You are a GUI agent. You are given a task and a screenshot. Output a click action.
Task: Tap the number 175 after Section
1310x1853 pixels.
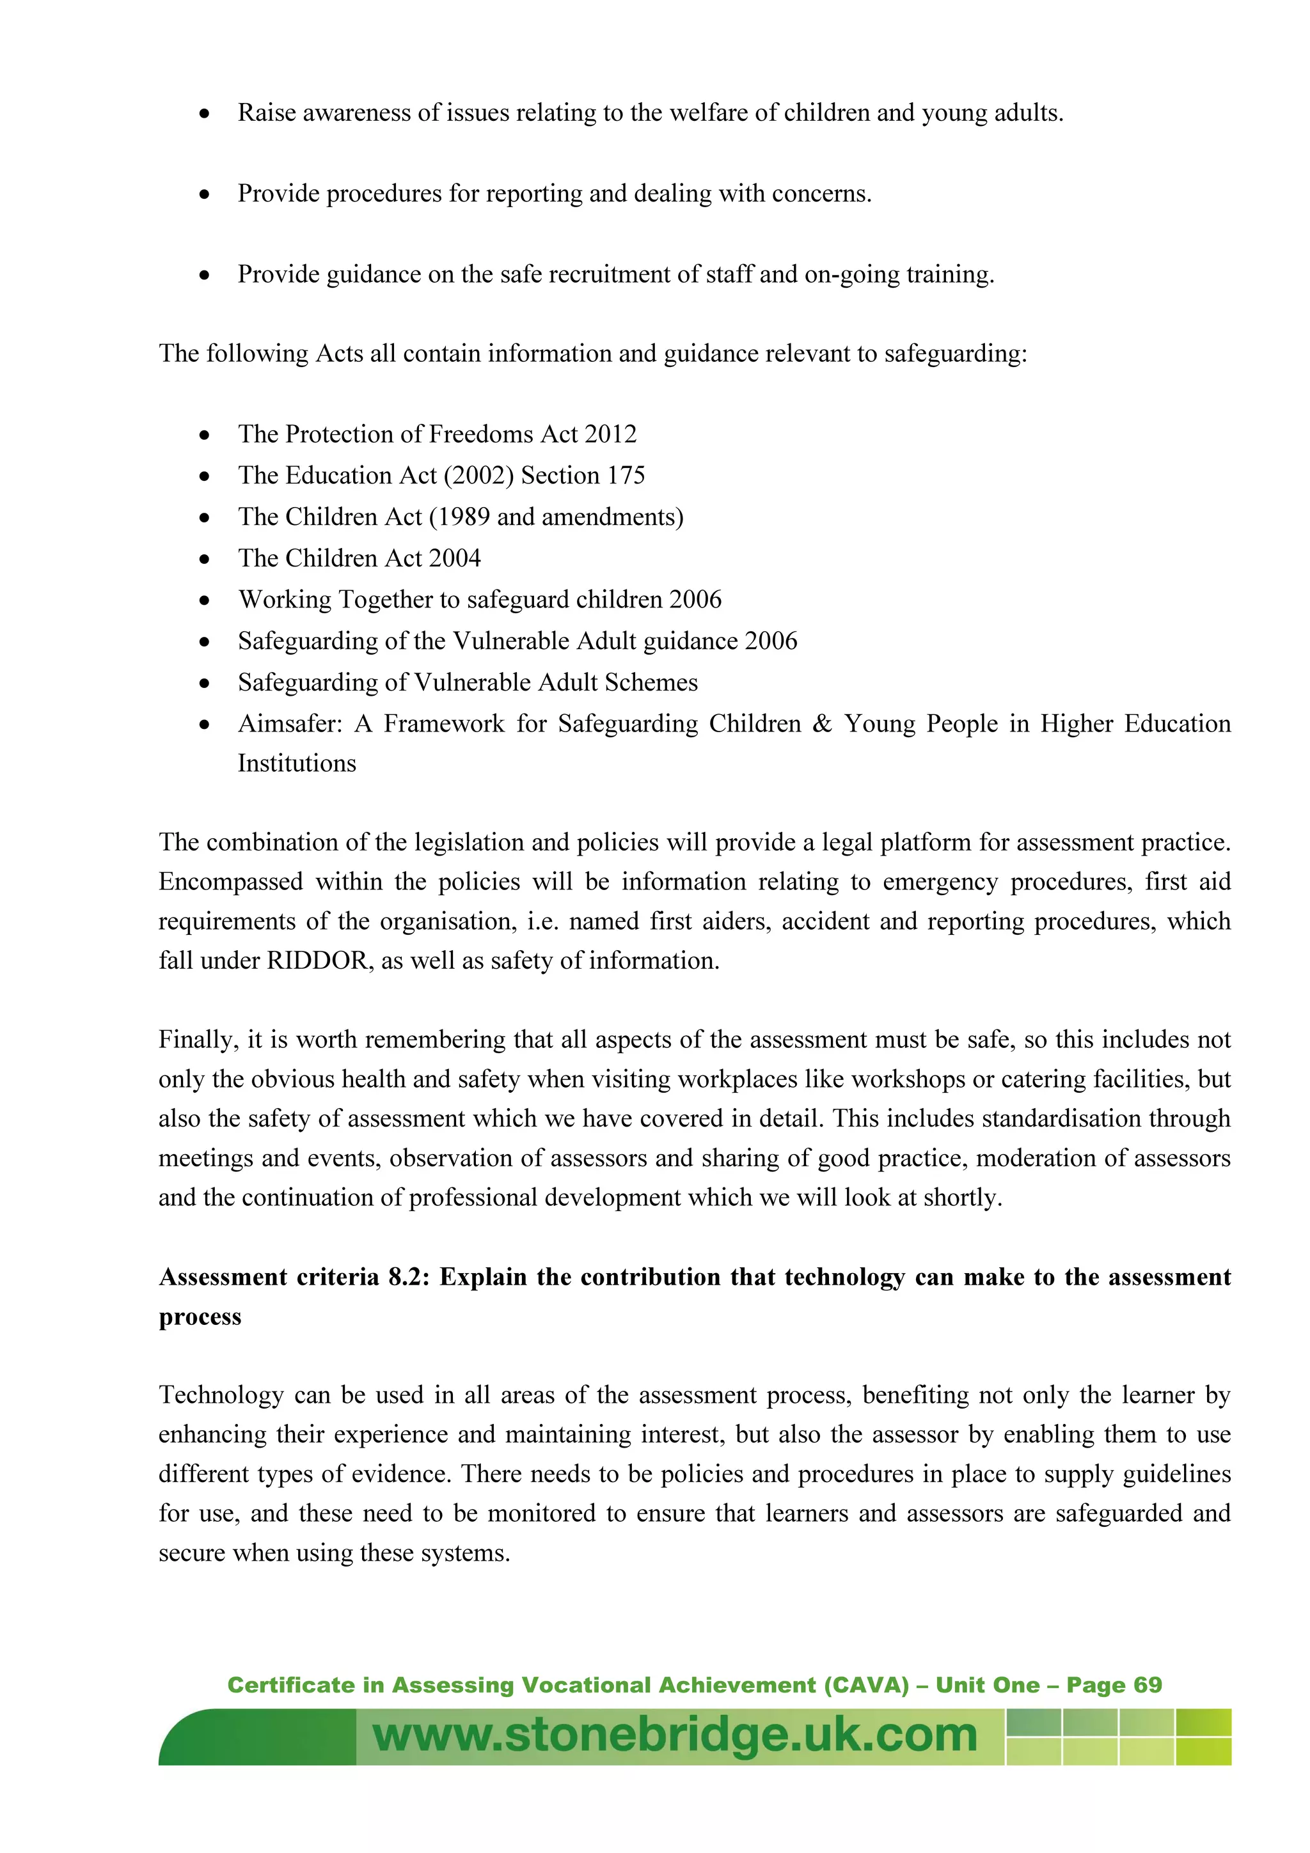click(626, 475)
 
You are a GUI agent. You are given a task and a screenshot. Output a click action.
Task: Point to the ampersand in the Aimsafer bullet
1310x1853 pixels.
click(822, 724)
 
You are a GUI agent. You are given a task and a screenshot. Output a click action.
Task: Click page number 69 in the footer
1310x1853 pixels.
click(1148, 1685)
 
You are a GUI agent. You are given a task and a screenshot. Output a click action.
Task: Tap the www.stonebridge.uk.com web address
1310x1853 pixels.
click(675, 1735)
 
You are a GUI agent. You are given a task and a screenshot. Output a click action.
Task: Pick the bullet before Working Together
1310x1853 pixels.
click(205, 600)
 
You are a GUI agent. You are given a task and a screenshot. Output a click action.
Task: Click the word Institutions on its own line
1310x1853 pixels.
click(296, 763)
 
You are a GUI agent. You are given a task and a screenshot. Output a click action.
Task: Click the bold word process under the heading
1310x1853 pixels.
click(200, 1317)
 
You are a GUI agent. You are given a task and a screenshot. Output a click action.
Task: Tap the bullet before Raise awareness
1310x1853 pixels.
click(205, 114)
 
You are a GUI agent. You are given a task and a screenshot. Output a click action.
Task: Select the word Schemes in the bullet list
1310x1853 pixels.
click(651, 683)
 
